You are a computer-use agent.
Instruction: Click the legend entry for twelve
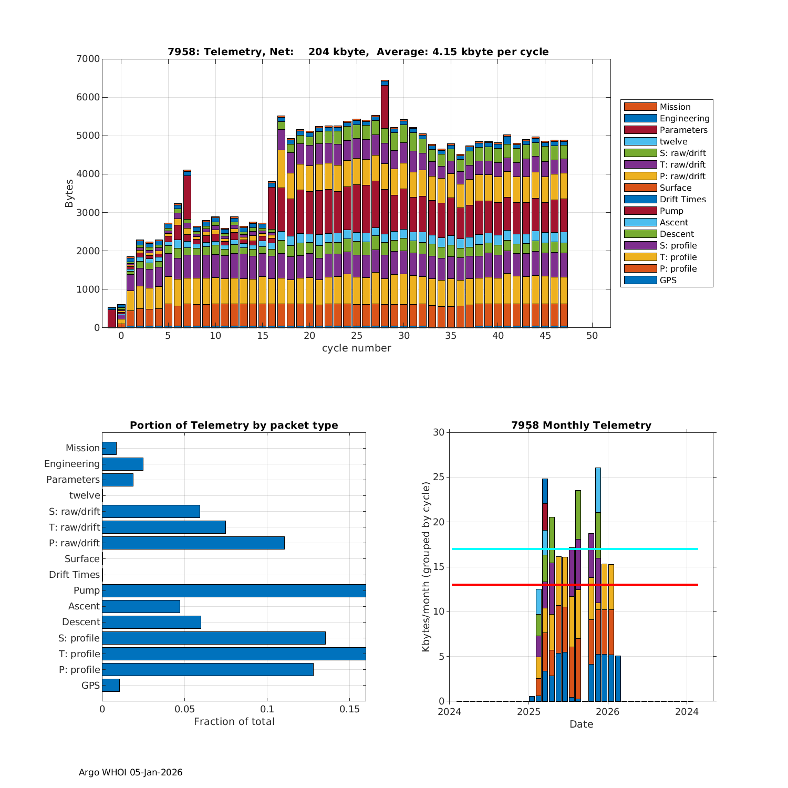coord(673,141)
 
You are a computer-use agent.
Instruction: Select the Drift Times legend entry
coord(682,199)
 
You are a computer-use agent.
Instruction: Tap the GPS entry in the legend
coord(668,280)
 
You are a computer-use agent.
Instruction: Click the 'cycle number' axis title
coord(356,348)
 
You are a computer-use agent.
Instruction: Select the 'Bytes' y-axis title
coord(69,193)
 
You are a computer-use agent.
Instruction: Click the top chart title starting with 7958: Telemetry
coord(358,51)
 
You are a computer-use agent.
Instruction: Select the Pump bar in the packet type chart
coord(234,590)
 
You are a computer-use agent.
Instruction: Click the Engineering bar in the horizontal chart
coord(122,464)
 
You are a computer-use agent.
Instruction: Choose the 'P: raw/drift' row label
coord(74,543)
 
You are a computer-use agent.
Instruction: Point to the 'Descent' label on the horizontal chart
coord(81,622)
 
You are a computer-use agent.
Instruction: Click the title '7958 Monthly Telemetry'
coord(581,425)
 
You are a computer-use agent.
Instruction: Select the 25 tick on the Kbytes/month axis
coord(438,478)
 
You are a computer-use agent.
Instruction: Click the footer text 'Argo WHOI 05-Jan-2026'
coord(130,772)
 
